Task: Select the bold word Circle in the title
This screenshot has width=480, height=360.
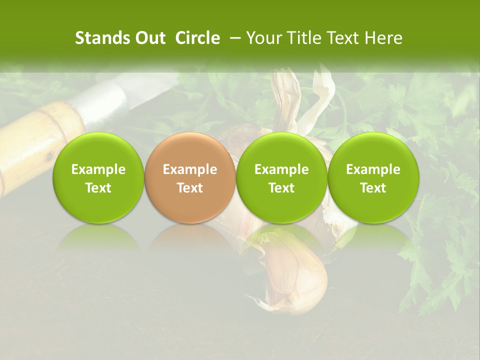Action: (x=197, y=38)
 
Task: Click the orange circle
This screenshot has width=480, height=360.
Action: (x=190, y=177)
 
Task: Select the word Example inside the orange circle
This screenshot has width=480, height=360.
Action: (x=190, y=169)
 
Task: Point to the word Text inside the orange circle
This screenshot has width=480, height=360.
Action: (x=190, y=188)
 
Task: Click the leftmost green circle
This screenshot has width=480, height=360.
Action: (x=98, y=177)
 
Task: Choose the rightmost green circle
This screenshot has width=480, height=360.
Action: (x=373, y=177)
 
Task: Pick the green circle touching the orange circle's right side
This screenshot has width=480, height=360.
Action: (x=282, y=177)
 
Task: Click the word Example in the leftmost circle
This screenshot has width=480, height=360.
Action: (x=98, y=169)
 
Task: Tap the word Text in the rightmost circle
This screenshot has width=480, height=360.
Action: (x=373, y=188)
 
